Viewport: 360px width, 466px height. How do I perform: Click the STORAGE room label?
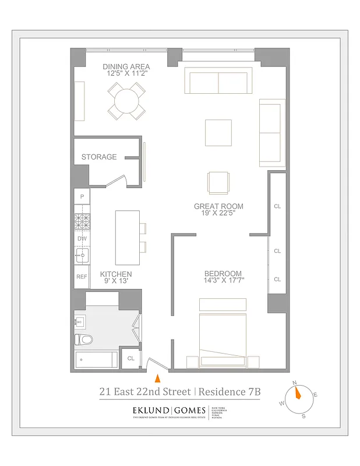pyautogui.click(x=98, y=157)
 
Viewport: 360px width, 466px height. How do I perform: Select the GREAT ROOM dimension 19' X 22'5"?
pyautogui.click(x=218, y=214)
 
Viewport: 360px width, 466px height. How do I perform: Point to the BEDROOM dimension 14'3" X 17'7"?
pyautogui.click(x=223, y=281)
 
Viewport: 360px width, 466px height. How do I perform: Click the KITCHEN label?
pyautogui.click(x=115, y=274)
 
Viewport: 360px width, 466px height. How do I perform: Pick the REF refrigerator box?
pyautogui.click(x=82, y=277)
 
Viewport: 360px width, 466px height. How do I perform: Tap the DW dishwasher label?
pyautogui.click(x=82, y=238)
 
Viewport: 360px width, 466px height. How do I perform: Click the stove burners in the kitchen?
pyautogui.click(x=82, y=221)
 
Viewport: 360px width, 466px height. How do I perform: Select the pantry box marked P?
pyautogui.click(x=82, y=197)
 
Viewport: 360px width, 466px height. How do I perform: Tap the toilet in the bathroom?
pyautogui.click(x=84, y=340)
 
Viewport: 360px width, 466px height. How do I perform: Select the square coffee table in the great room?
pyautogui.click(x=218, y=133)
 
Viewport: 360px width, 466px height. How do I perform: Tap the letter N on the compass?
pyautogui.click(x=295, y=383)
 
